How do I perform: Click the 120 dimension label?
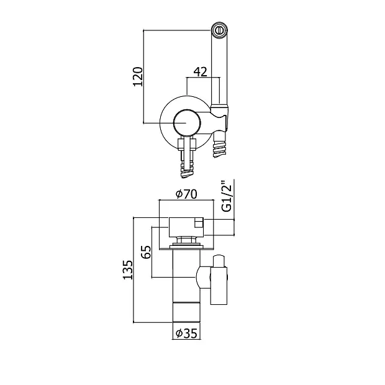pos(138,76)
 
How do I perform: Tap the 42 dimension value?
pos(201,71)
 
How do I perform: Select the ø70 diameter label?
pos(187,194)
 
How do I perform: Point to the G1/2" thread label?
pos(227,196)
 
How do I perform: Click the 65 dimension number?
pos(147,252)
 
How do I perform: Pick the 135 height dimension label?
pos(128,269)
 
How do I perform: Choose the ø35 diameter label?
pos(187,333)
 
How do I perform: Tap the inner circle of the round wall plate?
pos(187,122)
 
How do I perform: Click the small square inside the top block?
pos(199,224)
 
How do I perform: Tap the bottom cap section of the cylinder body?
pos(186,312)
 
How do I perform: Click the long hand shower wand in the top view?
pos(220,66)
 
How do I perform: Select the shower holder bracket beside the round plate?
pos(220,118)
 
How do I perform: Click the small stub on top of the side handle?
pos(219,261)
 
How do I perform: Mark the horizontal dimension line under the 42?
pos(203,78)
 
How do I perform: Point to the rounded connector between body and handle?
pos(203,278)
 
